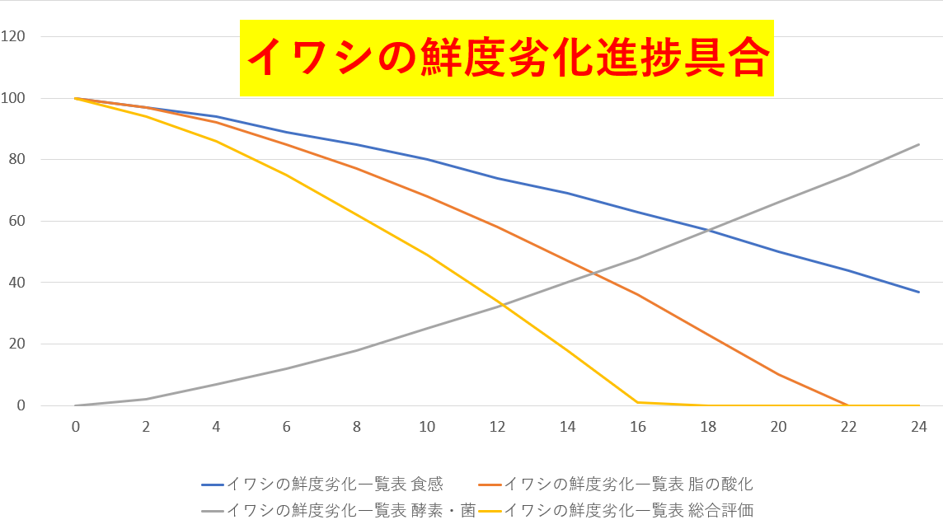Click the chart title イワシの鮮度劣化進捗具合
coord(507,59)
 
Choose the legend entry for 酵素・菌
coord(339,510)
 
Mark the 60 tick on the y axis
coord(17,221)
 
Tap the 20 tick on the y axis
coord(17,344)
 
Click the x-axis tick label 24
coord(919,426)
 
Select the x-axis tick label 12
coord(497,426)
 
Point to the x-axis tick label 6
coord(287,426)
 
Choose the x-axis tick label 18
coord(708,426)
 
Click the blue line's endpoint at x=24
coord(919,292)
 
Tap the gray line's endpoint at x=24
coord(919,144)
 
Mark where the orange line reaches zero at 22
coord(848,405)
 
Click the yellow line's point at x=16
coord(638,402)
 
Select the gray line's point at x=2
coord(146,399)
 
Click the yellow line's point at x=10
coord(427,255)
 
